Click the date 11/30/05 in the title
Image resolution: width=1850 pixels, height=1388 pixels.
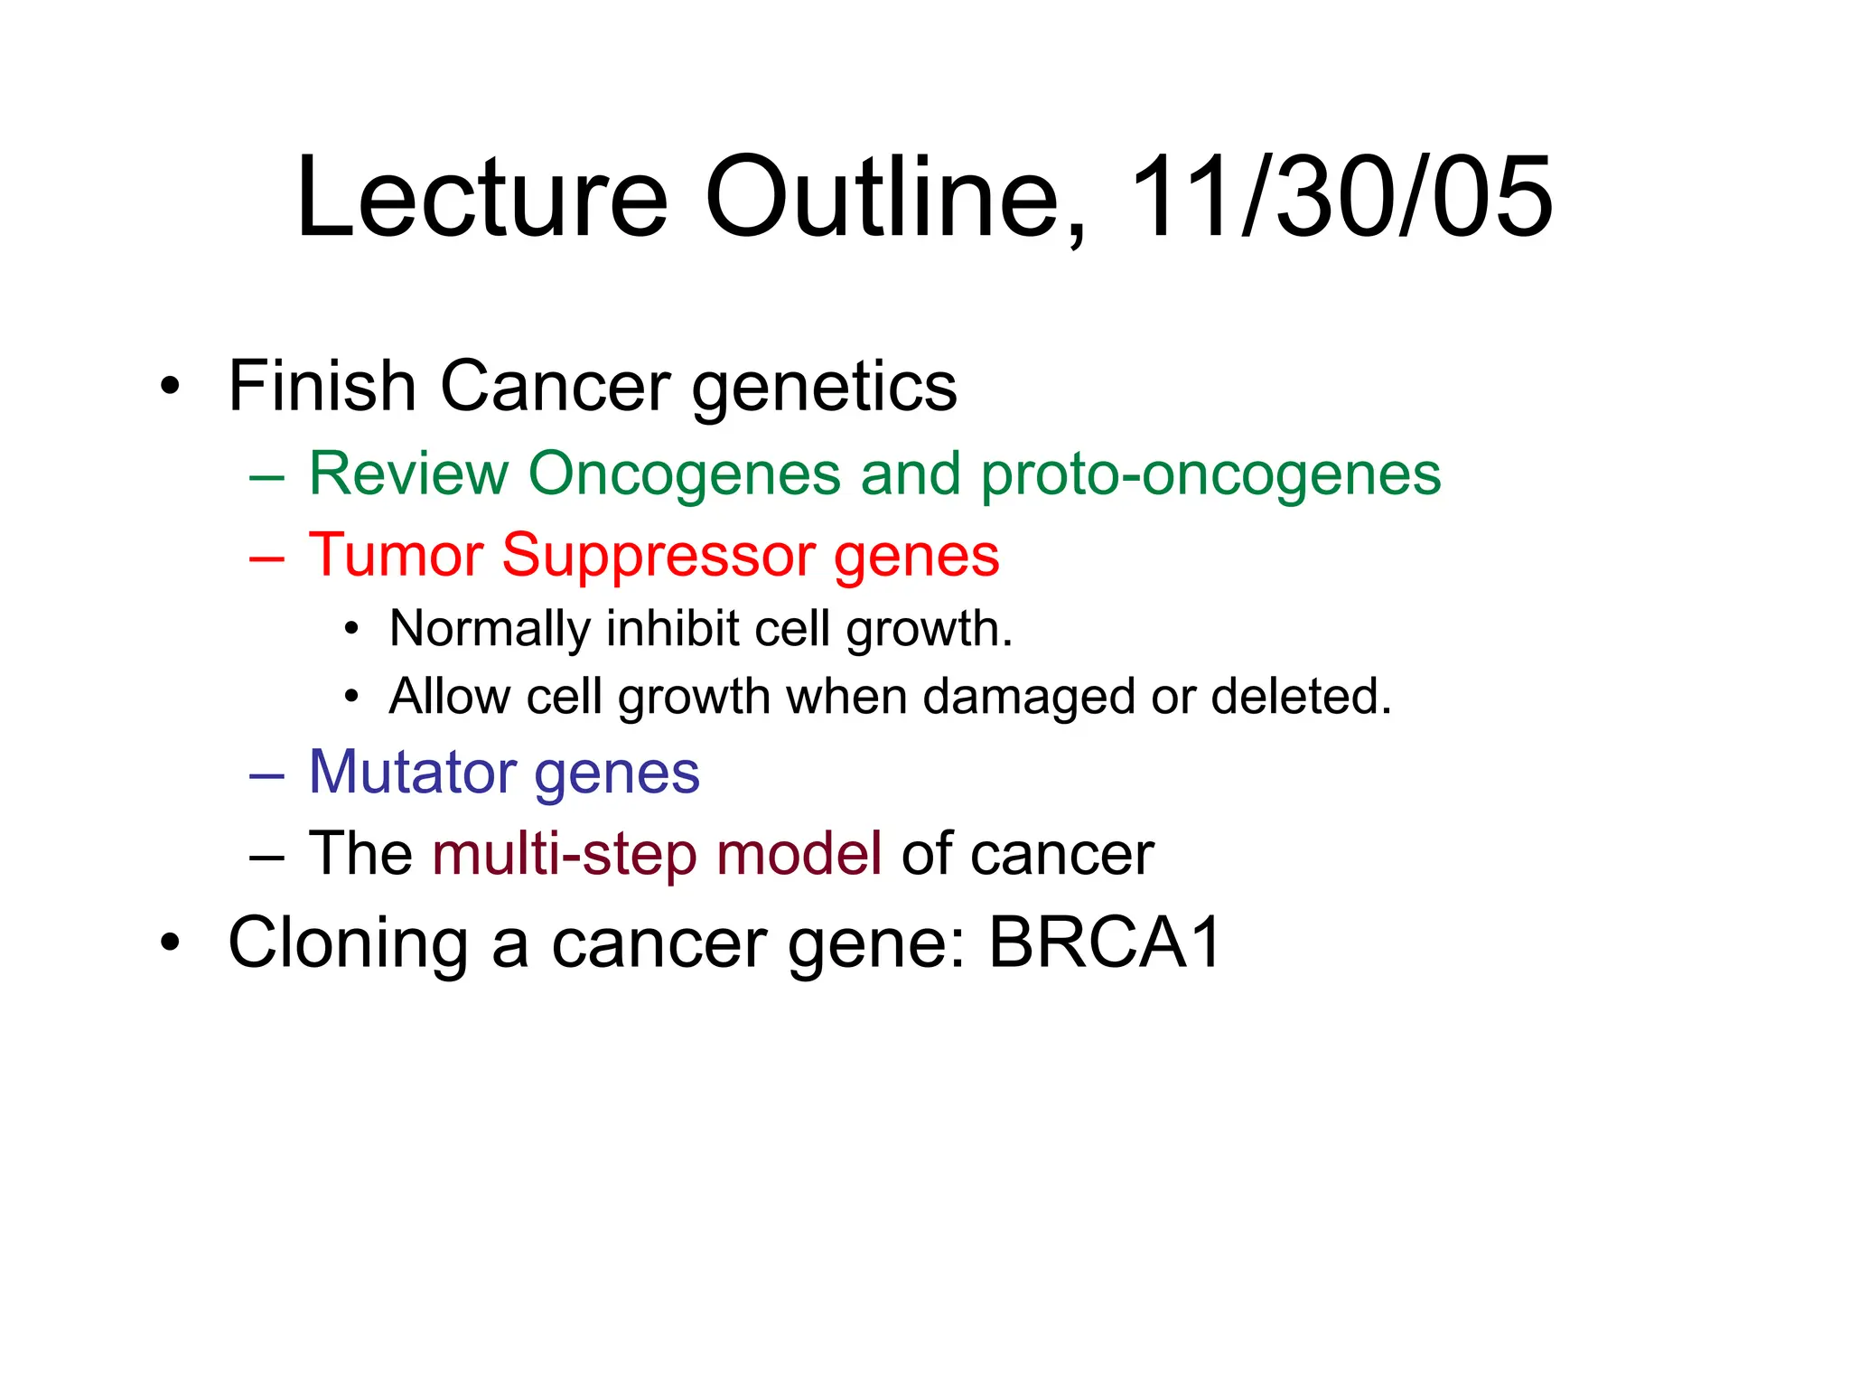click(1341, 197)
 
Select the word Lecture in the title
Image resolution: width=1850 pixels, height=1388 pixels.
click(481, 197)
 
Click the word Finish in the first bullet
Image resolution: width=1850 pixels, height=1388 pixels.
click(321, 386)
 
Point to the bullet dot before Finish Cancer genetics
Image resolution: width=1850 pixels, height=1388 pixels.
click(170, 388)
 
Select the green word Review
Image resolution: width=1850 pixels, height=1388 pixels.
click(408, 474)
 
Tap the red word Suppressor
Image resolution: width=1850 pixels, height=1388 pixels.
click(659, 555)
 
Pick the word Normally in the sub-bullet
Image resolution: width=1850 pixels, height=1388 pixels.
click(489, 630)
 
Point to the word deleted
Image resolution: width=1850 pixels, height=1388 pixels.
click(1301, 696)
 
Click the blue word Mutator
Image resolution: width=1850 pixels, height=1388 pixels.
click(411, 773)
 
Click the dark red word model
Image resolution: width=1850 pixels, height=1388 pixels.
click(799, 853)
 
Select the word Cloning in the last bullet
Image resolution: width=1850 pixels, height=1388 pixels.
click(348, 943)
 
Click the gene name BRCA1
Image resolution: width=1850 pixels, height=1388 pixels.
click(1105, 943)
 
